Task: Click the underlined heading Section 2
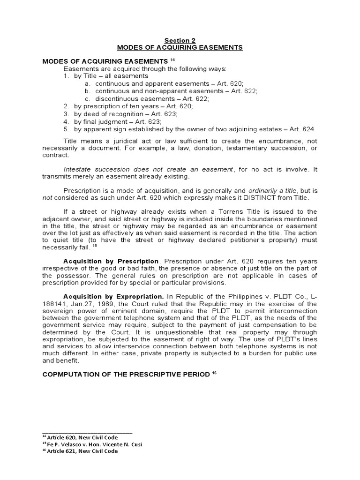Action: (180, 41)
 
